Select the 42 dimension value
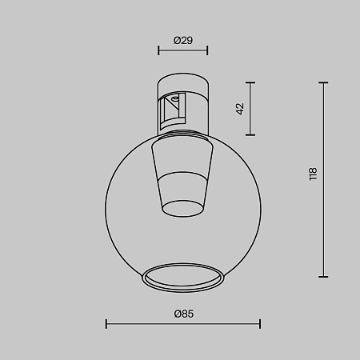238,109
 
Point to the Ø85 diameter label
183,314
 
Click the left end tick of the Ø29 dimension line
158,50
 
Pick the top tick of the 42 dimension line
251,82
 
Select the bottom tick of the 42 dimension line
251,134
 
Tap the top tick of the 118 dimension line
324,82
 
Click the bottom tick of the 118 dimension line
324,275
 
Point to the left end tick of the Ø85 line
106,324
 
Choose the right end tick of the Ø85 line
260,324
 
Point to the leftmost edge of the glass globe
107,204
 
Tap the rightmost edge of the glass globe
260,204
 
